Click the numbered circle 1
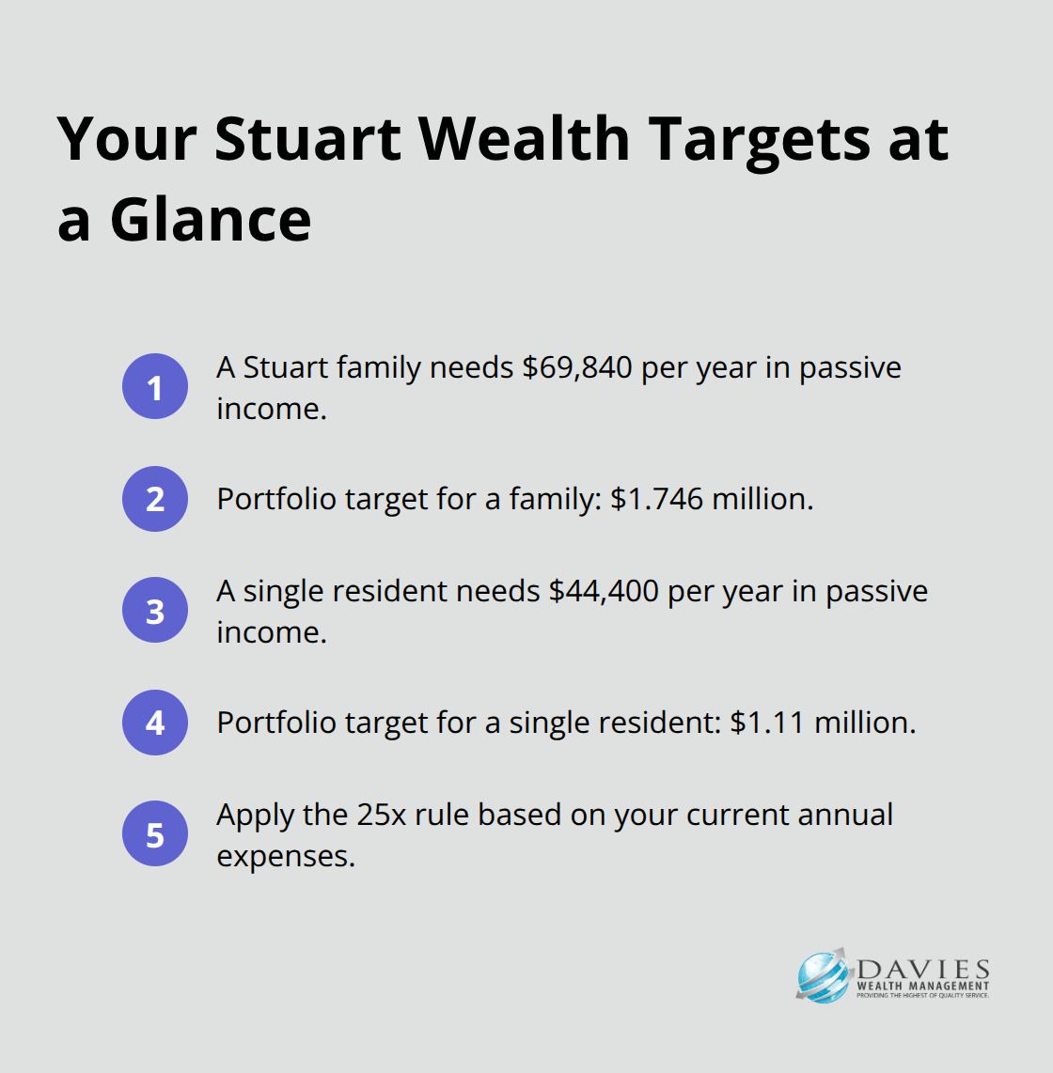point(155,386)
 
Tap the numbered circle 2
point(155,499)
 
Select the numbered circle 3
point(155,610)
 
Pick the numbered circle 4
point(155,723)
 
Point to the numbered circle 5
point(155,833)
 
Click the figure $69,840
point(577,367)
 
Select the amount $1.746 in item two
point(656,499)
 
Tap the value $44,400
point(604,591)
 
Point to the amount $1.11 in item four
point(767,723)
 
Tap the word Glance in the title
point(211,220)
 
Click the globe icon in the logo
point(824,976)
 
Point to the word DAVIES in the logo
point(923,970)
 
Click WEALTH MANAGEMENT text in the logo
point(923,987)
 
